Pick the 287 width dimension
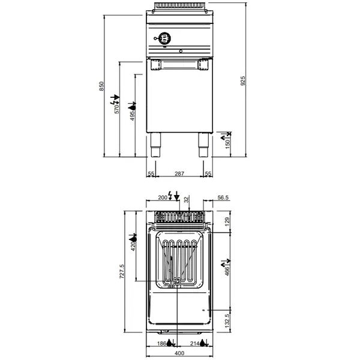(179, 173)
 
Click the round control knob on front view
(166, 38)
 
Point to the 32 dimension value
(186, 198)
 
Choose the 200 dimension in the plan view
(162, 197)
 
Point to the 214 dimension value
(194, 343)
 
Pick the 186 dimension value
(161, 343)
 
